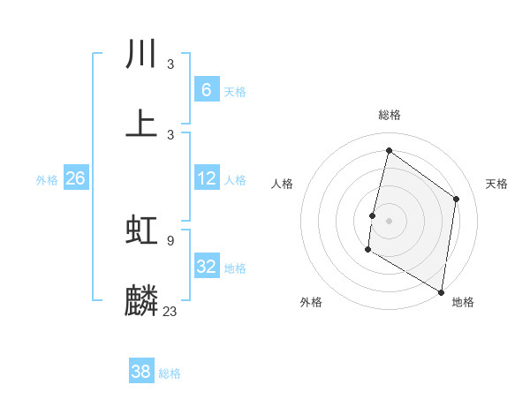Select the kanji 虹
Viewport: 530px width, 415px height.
[141, 230]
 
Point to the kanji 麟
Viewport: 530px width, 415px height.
[141, 300]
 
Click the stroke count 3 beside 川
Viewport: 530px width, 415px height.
[170, 64]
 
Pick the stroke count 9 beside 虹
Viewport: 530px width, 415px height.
[170, 240]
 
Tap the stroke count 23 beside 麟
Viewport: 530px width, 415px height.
[170, 311]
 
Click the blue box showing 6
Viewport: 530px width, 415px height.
[206, 90]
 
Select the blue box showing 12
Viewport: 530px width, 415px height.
[206, 178]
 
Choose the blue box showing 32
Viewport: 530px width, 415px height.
[206, 267]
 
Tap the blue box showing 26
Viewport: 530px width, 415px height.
[75, 178]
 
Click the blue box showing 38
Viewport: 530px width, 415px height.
[141, 372]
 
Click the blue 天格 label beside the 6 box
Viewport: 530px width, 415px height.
[235, 91]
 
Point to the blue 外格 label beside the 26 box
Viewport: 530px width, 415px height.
[47, 179]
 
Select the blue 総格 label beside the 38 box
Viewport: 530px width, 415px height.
[170, 373]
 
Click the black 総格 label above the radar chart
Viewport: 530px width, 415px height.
[390, 115]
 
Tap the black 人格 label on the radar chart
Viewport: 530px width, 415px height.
[283, 184]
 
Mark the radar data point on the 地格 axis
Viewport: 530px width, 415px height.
[442, 291]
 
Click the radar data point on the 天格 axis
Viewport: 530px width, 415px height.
[457, 199]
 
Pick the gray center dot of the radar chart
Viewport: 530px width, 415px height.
[390, 220]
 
